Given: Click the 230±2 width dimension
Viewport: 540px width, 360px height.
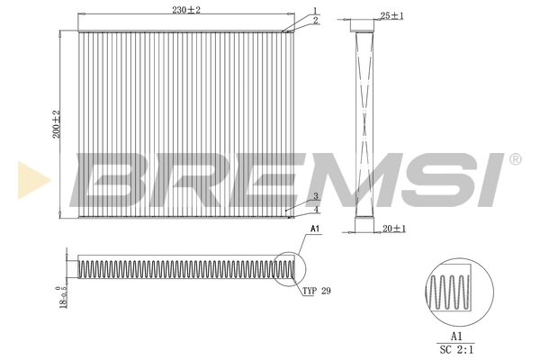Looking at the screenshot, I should (186, 9).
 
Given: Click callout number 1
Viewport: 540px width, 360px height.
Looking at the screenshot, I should (315, 10).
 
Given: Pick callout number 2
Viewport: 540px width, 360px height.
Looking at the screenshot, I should (315, 20).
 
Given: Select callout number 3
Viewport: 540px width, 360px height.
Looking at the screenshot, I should (315, 196).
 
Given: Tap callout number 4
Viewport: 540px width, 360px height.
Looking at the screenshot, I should (315, 211).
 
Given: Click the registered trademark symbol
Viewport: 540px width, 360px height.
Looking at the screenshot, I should (515, 159).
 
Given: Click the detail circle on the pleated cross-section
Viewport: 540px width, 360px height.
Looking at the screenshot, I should (288, 268).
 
